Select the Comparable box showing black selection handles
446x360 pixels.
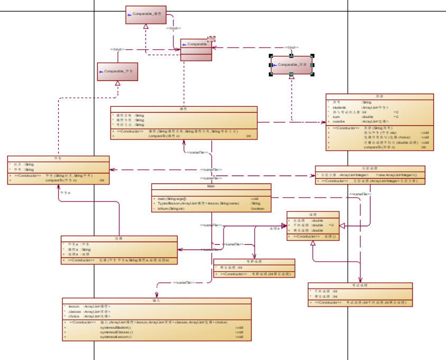292,65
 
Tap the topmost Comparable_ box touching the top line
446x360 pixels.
146,15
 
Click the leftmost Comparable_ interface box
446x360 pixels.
117,71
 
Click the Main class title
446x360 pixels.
211,187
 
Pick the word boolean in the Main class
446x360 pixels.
257,209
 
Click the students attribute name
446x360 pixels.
340,107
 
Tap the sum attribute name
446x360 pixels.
335,117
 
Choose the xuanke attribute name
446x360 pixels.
338,122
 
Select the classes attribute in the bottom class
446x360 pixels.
75,312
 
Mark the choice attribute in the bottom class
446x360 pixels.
74,317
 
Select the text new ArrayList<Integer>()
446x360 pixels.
396,174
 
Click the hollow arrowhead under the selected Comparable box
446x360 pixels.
291,77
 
